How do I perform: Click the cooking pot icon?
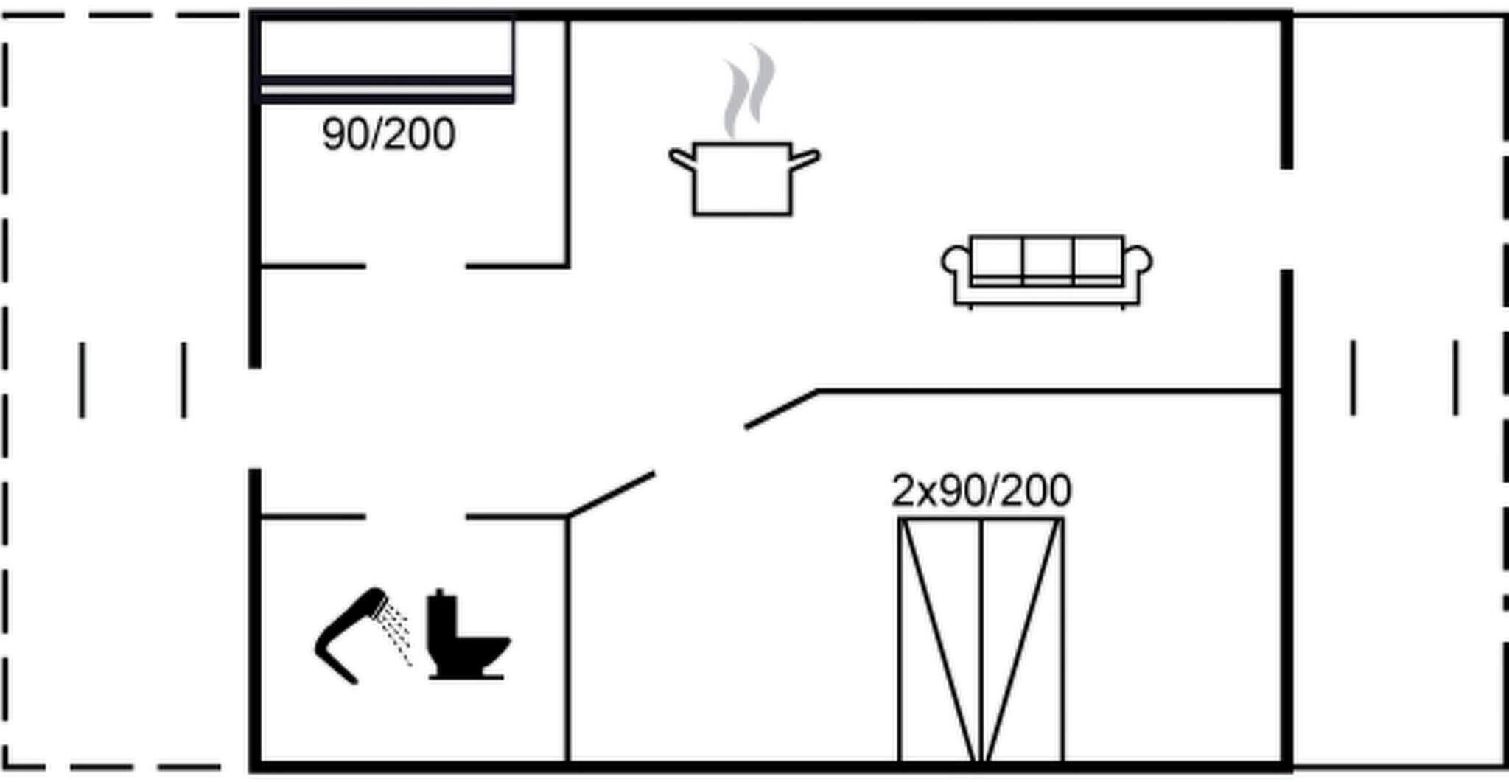(743, 179)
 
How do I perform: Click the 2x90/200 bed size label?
(981, 491)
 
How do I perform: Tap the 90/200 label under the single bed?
(388, 134)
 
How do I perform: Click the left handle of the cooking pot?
(682, 159)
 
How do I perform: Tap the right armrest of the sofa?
(1138, 262)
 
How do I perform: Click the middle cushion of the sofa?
(1047, 259)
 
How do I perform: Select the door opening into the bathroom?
(416, 517)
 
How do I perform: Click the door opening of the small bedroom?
(416, 265)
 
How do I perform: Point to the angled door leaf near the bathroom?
(611, 495)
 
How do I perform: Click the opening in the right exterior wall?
(1286, 219)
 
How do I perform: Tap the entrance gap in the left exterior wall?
(255, 418)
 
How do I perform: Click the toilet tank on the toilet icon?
(441, 613)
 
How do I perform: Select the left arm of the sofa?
(956, 262)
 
